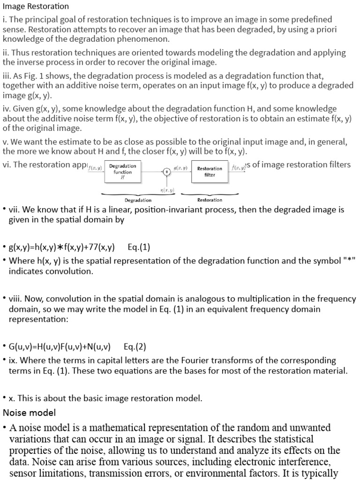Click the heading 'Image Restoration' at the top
click(x=36, y=7)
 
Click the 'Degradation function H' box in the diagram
click(x=122, y=172)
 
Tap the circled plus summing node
click(x=166, y=172)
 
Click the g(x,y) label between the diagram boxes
click(x=180, y=168)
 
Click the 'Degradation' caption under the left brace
click(x=138, y=200)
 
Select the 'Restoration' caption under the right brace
click(x=210, y=200)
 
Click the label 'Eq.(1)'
click(x=139, y=247)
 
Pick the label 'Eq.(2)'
click(x=135, y=347)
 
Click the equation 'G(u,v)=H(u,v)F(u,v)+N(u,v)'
click(x=60, y=347)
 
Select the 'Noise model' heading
click(x=29, y=412)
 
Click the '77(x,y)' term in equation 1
click(x=99, y=247)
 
